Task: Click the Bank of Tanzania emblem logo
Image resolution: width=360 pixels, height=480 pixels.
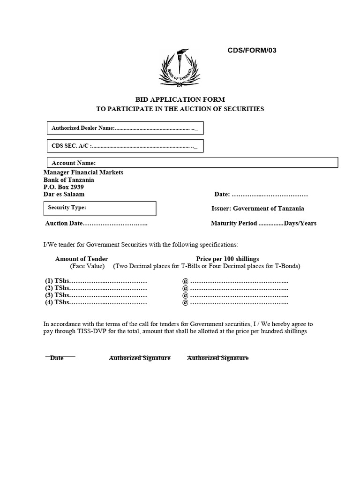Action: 182,68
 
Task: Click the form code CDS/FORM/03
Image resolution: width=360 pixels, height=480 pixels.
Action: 249,51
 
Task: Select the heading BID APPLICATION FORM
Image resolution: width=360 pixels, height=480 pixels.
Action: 180,99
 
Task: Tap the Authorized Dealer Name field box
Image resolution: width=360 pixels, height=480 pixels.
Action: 125,128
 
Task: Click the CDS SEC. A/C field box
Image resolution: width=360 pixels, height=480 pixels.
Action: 125,146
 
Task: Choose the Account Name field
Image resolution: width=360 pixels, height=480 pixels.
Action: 192,163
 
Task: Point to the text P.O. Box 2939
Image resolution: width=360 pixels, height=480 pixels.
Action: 64,187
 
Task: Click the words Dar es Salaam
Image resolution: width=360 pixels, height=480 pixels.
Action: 64,194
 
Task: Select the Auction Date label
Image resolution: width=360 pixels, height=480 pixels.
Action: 64,224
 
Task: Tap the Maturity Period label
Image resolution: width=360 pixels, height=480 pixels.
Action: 234,224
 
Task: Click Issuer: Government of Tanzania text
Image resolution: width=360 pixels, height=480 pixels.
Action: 258,209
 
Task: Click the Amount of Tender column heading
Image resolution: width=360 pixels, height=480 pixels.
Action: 82,259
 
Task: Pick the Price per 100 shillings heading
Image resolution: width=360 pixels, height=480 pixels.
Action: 227,259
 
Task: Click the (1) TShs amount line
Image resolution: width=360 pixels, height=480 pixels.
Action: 96,281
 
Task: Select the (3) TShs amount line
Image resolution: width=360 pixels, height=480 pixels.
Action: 96,295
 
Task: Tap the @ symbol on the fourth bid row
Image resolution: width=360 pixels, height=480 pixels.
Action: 185,303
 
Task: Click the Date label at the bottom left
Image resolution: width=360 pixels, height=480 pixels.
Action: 57,358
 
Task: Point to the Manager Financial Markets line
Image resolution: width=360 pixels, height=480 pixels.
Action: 83,172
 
